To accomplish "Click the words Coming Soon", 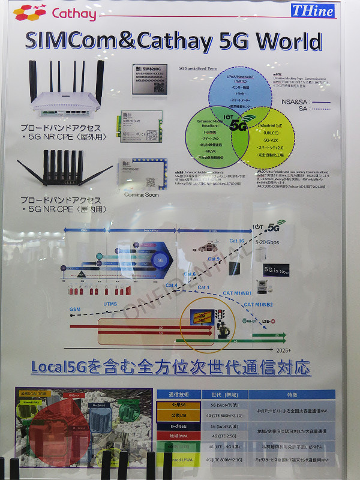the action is [142, 194].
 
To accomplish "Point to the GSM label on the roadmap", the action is [74, 309].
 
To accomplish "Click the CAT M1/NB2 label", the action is [259, 305].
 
